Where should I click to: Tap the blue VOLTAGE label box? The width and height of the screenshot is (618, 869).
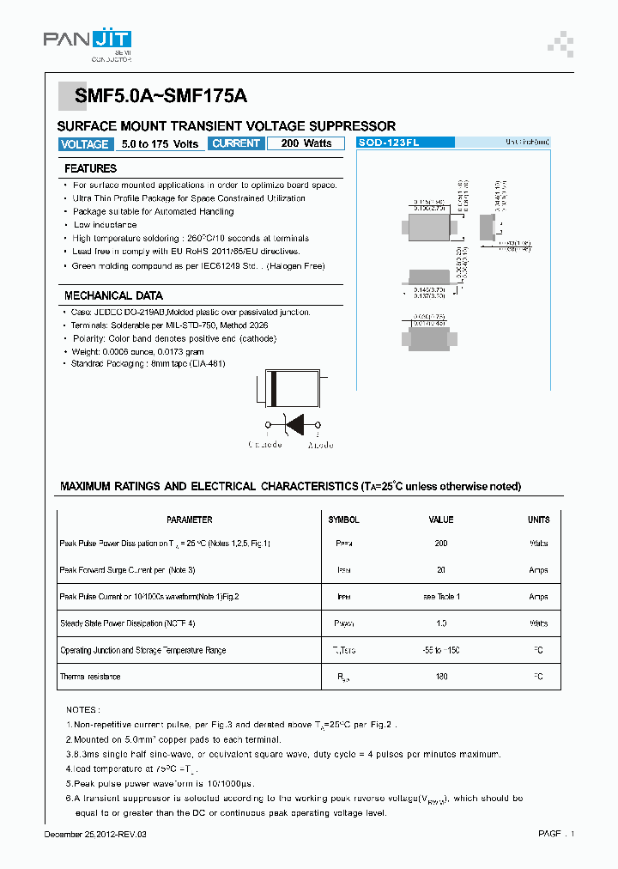point(84,144)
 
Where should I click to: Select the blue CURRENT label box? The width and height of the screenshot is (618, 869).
point(235,143)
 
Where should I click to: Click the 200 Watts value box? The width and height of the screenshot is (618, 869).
point(306,143)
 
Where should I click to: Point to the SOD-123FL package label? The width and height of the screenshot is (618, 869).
point(389,143)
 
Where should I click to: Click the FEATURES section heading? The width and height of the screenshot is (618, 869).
point(90,168)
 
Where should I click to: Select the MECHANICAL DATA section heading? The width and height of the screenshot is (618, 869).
point(113,295)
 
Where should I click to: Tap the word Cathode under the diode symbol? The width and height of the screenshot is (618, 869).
point(265,445)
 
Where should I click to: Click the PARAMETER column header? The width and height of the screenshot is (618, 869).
point(190,520)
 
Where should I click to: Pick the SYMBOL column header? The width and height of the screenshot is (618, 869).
point(343,520)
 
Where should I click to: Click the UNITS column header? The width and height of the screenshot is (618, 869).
point(538,520)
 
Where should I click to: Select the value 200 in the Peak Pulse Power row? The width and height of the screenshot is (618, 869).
point(441,544)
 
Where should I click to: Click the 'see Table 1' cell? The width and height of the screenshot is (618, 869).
point(441,597)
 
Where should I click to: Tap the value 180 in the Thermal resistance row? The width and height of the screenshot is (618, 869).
point(441,677)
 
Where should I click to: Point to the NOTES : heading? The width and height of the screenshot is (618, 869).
point(82,710)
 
